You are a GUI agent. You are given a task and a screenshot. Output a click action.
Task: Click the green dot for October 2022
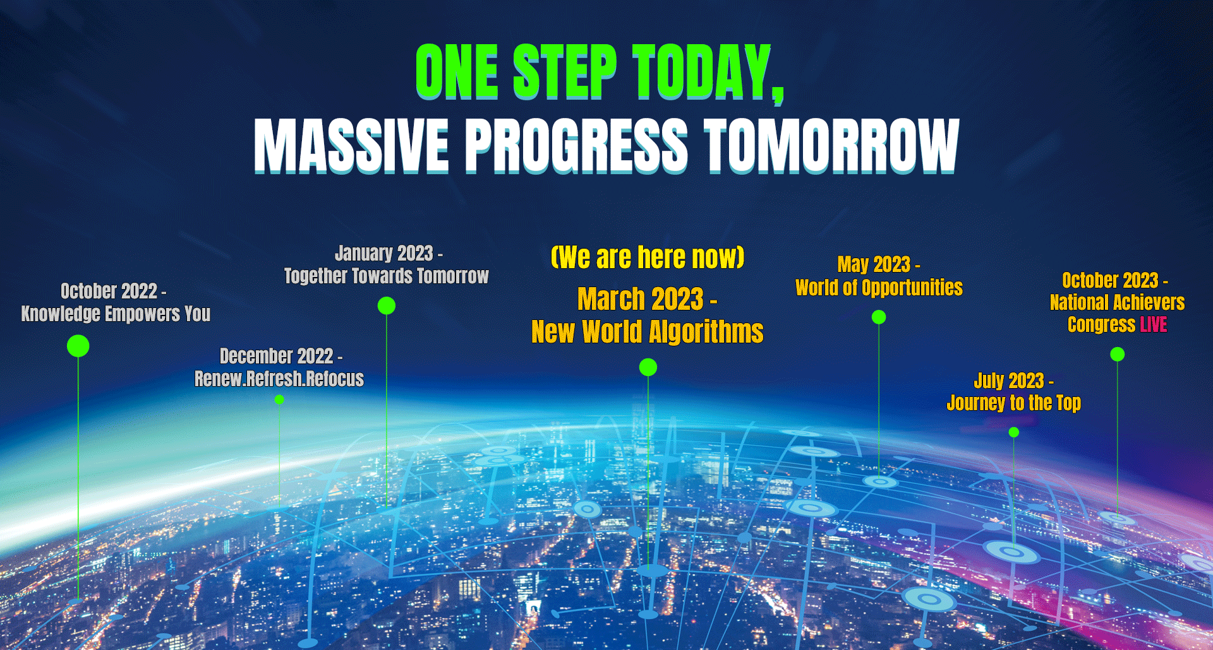pyautogui.click(x=78, y=346)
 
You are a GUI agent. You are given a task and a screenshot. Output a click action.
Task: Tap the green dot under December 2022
pyautogui.click(x=279, y=399)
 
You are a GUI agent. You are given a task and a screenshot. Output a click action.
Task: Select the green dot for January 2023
pyautogui.click(x=387, y=305)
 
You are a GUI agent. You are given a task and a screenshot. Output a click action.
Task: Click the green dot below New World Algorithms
pyautogui.click(x=648, y=367)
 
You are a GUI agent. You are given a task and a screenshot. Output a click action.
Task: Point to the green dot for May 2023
pyautogui.click(x=879, y=317)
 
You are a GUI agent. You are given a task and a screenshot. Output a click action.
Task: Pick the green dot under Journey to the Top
pyautogui.click(x=1014, y=432)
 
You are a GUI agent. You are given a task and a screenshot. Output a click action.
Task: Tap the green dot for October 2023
pyautogui.click(x=1118, y=355)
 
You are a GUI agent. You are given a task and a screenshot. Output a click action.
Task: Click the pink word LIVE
pyautogui.click(x=1154, y=324)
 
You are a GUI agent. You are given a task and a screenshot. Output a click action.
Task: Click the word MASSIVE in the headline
pyautogui.click(x=352, y=146)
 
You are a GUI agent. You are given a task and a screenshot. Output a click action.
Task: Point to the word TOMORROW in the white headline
pyautogui.click(x=832, y=146)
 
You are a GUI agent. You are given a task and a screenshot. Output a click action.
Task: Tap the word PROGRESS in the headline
pyautogui.click(x=577, y=146)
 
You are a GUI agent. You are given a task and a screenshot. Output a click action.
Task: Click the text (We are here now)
pyautogui.click(x=648, y=257)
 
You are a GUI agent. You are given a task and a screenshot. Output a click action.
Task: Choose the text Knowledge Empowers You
pyautogui.click(x=116, y=314)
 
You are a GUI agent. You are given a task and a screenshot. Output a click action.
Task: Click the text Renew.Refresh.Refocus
pyautogui.click(x=279, y=379)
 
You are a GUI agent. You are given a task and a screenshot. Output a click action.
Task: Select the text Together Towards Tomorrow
pyautogui.click(x=387, y=276)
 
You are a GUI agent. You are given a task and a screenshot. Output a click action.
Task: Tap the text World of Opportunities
pyautogui.click(x=879, y=288)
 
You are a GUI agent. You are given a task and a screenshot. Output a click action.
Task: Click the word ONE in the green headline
pyautogui.click(x=457, y=71)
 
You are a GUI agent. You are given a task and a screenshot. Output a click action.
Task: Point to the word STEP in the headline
pyautogui.click(x=565, y=71)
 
